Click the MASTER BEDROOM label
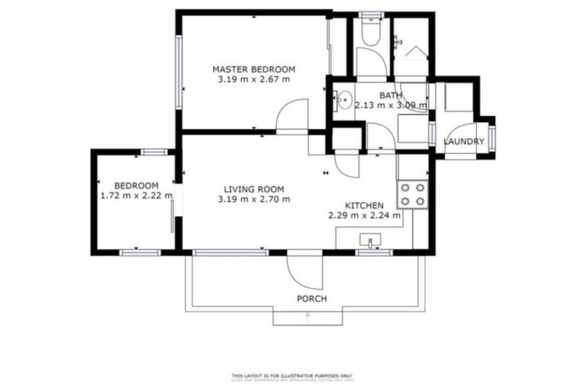click(253, 69)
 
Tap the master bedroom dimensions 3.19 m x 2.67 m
click(253, 79)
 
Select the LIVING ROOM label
click(253, 189)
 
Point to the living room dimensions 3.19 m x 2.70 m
click(253, 199)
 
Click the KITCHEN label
click(364, 205)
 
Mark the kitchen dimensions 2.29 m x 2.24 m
click(364, 215)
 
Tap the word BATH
click(391, 95)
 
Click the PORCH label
click(311, 299)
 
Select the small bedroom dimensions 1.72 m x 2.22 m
click(137, 195)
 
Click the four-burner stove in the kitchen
click(412, 194)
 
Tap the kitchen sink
click(371, 241)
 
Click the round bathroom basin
click(344, 99)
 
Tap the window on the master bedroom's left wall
click(178, 73)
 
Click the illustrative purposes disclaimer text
click(292, 376)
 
